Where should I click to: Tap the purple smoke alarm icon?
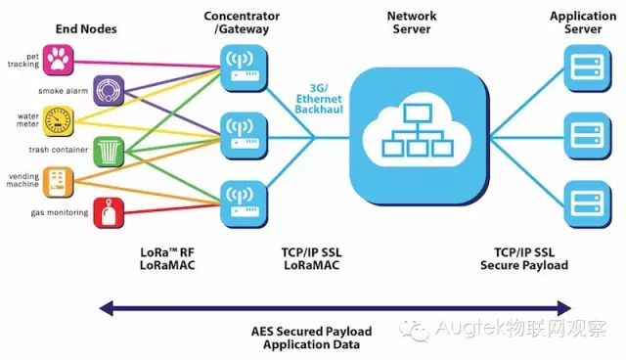[x=108, y=91]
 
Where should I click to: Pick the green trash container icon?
[x=108, y=152]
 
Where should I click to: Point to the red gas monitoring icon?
[x=108, y=211]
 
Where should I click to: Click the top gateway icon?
[x=238, y=67]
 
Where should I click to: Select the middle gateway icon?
[x=238, y=132]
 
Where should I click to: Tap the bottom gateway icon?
[x=238, y=199]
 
